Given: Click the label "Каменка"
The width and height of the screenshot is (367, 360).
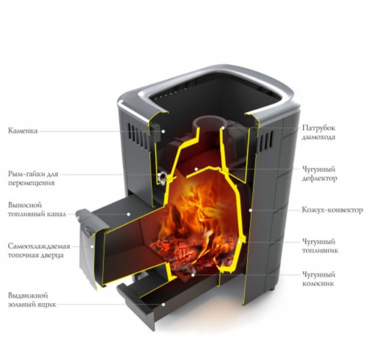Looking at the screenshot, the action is (x=22, y=131).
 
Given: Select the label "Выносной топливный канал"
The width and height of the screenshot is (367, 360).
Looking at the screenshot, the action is (x=37, y=209).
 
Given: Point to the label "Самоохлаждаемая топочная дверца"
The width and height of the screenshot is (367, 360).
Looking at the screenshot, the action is (x=39, y=251).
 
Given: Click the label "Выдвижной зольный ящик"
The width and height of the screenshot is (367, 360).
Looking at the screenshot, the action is (x=32, y=300).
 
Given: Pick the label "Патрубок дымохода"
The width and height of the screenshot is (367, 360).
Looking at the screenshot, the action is (x=319, y=132).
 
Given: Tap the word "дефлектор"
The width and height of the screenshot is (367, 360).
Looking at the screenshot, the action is (x=320, y=179).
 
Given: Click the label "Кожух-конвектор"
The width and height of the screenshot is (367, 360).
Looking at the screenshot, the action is (x=332, y=210).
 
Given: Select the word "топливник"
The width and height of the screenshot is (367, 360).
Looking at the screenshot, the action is (x=320, y=251).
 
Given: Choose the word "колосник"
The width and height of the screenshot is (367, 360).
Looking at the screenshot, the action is (x=318, y=284).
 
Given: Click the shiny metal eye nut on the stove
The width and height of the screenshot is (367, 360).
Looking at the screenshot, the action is (x=162, y=177).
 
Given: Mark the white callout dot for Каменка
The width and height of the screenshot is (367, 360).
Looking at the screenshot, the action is (x=163, y=131).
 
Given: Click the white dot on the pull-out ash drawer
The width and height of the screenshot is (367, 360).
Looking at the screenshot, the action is (x=163, y=304).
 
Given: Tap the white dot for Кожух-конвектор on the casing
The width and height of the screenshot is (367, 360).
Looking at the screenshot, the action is (x=251, y=210).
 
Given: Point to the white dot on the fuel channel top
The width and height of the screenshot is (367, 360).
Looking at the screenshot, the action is (x=128, y=214).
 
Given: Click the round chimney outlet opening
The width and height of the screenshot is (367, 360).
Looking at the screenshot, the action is (x=209, y=122).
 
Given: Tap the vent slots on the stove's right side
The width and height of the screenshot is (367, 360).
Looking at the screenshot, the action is (x=265, y=141).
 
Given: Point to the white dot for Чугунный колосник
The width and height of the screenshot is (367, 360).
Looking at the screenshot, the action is (x=193, y=275).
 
